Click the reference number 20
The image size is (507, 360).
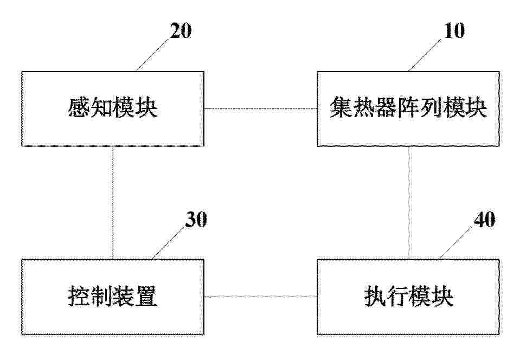[181, 31]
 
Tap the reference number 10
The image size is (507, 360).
[454, 31]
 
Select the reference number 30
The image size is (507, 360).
[196, 220]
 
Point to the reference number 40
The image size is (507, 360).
[484, 220]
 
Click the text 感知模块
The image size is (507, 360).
[113, 108]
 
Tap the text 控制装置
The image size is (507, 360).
[113, 297]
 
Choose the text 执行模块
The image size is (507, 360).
[408, 297]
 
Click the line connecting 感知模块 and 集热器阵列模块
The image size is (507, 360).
[261, 109]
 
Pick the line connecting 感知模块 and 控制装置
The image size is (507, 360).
[113, 203]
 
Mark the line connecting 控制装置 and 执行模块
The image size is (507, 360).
[261, 297]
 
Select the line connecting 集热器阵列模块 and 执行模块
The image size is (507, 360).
[409, 203]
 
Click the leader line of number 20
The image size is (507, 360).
[152, 55]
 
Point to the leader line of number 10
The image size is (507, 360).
[425, 55]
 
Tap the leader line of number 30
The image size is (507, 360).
[168, 243]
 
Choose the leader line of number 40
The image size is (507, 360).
[455, 243]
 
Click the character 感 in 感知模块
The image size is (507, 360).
[79, 108]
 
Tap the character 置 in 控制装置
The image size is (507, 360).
[147, 297]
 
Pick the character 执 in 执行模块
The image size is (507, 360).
[375, 297]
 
